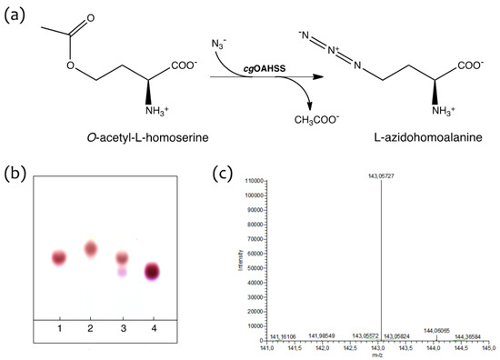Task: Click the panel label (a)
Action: (19, 16)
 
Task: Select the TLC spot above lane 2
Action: (91, 248)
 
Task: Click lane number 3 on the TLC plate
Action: (121, 325)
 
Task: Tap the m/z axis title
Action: (381, 353)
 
